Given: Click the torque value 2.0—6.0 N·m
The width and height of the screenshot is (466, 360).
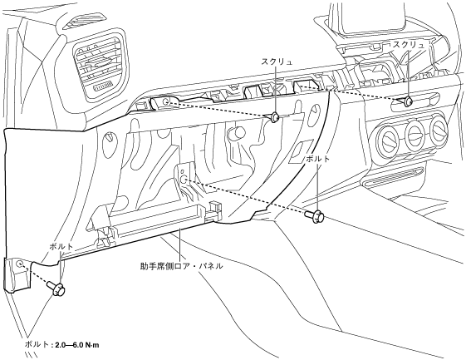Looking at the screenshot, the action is [x=77, y=345].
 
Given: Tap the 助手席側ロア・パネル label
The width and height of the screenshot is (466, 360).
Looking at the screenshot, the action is [x=182, y=266].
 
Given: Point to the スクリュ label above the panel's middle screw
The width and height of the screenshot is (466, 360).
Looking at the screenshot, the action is [x=277, y=62].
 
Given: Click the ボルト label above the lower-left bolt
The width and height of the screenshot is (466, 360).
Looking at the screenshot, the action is [x=61, y=246].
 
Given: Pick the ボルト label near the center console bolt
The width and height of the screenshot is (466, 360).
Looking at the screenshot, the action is [x=317, y=159].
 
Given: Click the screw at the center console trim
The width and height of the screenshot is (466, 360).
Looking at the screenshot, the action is [x=408, y=101].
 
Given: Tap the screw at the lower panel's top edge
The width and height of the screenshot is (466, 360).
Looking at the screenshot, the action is [x=275, y=117].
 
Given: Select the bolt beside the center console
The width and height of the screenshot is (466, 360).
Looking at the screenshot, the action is [x=315, y=215].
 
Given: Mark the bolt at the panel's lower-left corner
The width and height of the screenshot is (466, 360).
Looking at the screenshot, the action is [x=56, y=288].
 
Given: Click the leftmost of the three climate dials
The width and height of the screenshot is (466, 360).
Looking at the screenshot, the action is [x=388, y=139].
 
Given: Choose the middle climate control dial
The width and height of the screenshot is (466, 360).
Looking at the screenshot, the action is [x=414, y=134].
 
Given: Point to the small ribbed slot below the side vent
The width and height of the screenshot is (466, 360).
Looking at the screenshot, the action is [x=103, y=86].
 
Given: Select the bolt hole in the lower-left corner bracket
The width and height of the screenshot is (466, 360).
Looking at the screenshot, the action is [x=19, y=264].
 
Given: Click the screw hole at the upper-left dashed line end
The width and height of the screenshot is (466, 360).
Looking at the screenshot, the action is [x=166, y=102].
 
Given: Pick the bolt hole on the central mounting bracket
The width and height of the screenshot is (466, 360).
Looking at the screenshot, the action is [x=184, y=180].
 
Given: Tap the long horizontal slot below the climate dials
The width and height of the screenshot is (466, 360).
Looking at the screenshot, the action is [x=396, y=179].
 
